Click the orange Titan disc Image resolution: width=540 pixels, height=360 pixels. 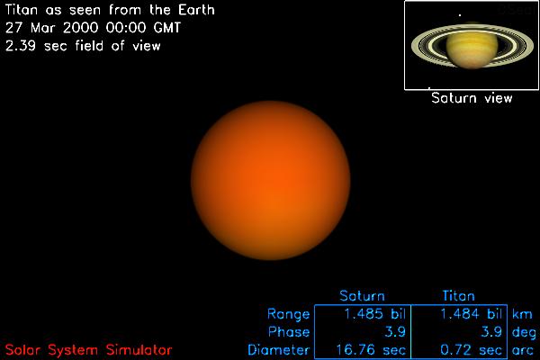(271, 180)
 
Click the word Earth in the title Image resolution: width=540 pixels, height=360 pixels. (196, 10)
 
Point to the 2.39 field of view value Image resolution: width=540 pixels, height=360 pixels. (21, 46)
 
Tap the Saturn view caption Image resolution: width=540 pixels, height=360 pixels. (472, 98)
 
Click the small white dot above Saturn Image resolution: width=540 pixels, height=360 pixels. (460, 14)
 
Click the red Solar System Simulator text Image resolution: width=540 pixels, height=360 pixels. (88, 350)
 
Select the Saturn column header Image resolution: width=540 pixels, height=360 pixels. (362, 296)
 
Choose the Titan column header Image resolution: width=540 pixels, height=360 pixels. (458, 296)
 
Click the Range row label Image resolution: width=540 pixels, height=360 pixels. (289, 314)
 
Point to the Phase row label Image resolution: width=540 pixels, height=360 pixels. (289, 332)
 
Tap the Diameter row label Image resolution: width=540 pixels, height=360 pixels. (279, 350)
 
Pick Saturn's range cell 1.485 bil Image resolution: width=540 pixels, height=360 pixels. (375, 314)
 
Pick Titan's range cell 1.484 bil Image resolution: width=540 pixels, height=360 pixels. (472, 314)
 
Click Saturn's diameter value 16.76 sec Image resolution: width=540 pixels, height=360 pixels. (371, 350)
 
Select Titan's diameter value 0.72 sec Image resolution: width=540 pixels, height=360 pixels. (471, 350)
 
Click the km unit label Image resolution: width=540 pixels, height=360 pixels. (522, 314)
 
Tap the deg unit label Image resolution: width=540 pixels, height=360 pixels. (524, 333)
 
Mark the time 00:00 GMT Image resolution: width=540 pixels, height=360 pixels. (143, 28)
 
